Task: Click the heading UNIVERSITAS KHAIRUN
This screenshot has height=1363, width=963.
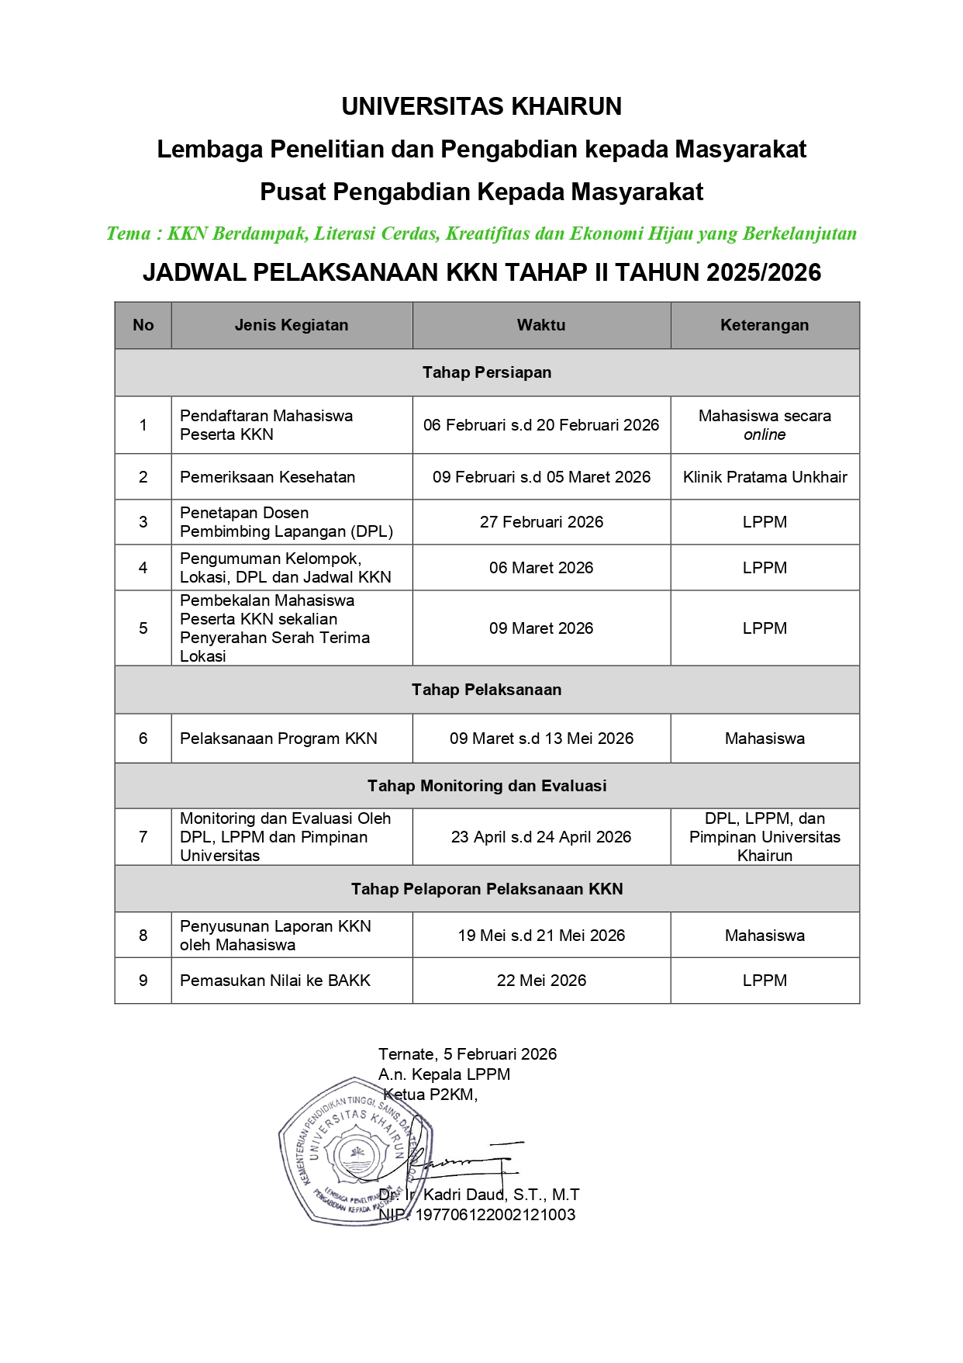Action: [481, 106]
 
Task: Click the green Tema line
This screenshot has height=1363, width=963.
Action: [481, 234]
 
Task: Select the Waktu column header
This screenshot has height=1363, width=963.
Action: [541, 325]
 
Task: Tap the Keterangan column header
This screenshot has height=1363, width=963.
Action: [765, 325]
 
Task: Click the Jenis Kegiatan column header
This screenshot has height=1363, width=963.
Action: [292, 325]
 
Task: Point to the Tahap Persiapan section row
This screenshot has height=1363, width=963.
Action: [487, 372]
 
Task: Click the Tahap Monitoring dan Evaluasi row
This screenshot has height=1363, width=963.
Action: [487, 786]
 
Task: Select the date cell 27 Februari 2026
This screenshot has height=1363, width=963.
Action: [541, 522]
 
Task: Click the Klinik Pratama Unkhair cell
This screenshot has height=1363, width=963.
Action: [765, 477]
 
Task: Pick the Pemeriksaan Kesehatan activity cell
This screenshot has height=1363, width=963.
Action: [267, 477]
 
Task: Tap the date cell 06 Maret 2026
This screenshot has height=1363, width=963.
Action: [541, 568]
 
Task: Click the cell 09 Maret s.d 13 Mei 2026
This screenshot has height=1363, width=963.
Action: [541, 739]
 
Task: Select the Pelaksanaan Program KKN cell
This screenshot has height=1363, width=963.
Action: [278, 739]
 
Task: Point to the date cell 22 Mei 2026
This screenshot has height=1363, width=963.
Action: [541, 981]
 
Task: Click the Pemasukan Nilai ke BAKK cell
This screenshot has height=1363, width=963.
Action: [275, 981]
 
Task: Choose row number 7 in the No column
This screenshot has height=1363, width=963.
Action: [143, 837]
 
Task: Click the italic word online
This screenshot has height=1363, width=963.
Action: [765, 434]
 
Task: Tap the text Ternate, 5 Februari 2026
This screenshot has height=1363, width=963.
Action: [468, 1053]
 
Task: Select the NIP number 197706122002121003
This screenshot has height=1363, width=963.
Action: [495, 1215]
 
